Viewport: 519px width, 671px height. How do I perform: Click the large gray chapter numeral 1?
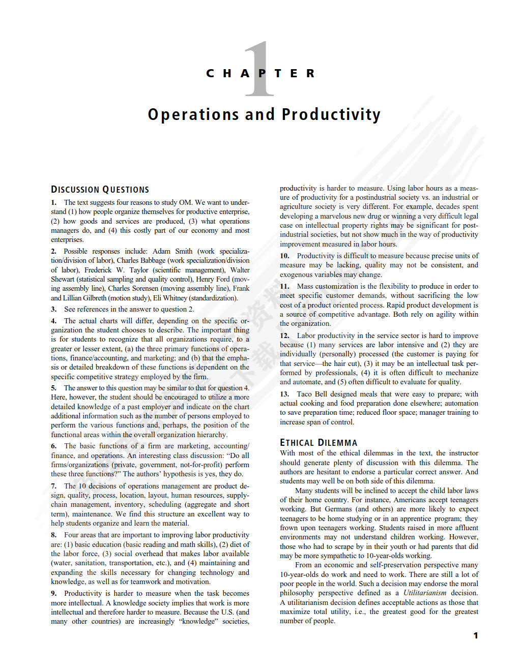[x=261, y=69]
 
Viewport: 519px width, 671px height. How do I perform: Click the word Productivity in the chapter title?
[x=331, y=114]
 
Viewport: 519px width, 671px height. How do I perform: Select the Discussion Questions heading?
[x=100, y=190]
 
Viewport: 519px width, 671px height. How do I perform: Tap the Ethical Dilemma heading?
[x=319, y=443]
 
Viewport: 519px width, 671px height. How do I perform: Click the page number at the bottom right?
[x=476, y=635]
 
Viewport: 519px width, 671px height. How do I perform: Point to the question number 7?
[x=53, y=486]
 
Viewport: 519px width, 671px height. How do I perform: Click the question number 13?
[x=284, y=394]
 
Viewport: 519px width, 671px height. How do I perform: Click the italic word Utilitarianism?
[x=425, y=593]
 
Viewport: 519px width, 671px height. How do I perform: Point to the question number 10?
[x=284, y=256]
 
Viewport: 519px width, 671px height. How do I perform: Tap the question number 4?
[x=53, y=321]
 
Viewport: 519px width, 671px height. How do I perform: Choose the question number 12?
[x=284, y=335]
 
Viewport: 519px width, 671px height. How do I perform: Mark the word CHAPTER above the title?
[x=261, y=74]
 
